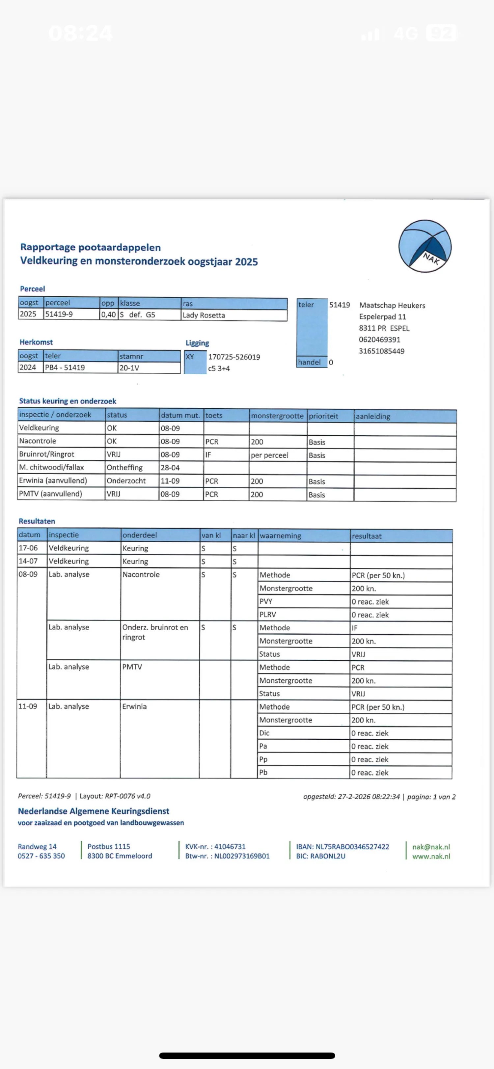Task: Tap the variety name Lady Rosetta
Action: [204, 315]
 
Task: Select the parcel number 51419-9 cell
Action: [59, 314]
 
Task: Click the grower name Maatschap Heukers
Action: [392, 305]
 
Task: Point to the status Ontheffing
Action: [124, 467]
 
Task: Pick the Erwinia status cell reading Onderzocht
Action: [126, 480]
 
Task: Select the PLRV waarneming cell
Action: [268, 615]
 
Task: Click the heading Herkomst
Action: [36, 342]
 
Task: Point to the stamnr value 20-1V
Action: [129, 368]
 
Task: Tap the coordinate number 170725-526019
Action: [234, 357]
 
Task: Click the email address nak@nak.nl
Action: [431, 847]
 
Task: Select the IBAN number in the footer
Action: [343, 847]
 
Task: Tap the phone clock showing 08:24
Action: [80, 33]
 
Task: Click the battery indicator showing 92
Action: [441, 33]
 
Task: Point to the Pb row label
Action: [263, 772]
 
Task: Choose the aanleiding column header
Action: [373, 416]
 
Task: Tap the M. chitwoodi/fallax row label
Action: [51, 467]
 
